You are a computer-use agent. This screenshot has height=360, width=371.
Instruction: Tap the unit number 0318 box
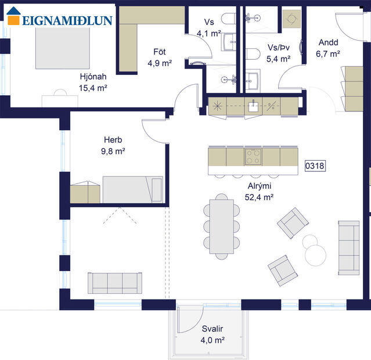coord(315,166)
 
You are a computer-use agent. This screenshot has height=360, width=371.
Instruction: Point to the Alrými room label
coord(259,186)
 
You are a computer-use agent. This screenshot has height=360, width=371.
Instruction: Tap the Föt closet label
coord(159,51)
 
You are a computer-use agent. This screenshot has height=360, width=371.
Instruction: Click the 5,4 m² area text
coord(278,59)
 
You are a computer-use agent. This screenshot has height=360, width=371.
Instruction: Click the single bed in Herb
coord(134,190)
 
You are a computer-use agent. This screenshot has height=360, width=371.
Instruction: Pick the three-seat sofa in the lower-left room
coord(114,283)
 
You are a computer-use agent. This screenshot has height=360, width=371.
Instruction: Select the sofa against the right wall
coord(348,247)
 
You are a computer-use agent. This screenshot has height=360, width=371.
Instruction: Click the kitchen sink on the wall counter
coord(254,106)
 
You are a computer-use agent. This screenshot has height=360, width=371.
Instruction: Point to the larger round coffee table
coord(316,253)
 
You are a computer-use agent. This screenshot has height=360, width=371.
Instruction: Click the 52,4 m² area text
coord(259,197)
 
